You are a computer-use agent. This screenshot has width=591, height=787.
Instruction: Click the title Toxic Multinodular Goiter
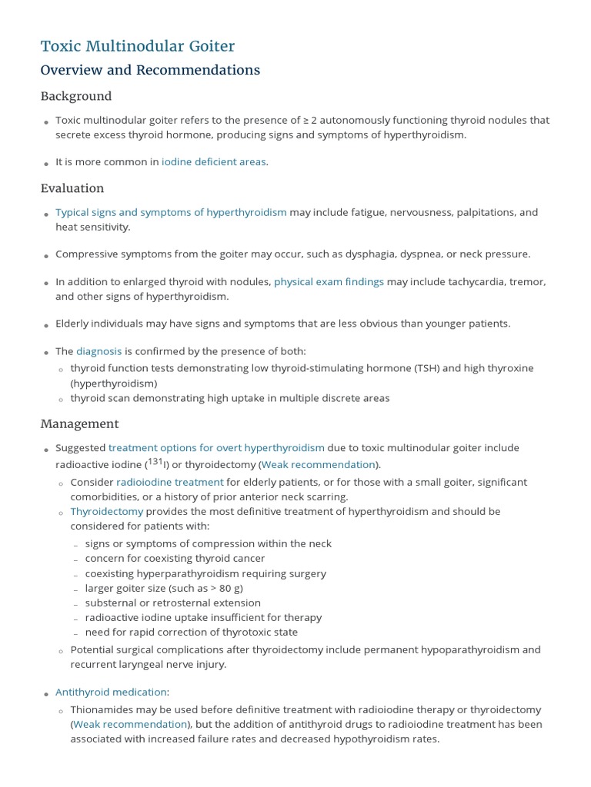(138, 46)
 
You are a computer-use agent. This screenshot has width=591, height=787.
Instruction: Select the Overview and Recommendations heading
(150, 70)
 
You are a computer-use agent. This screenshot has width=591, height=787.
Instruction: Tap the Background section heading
(76, 96)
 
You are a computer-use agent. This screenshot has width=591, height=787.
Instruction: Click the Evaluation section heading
(72, 188)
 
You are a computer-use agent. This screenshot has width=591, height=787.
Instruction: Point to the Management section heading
(79, 423)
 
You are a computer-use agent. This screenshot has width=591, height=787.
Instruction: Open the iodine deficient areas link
(214, 161)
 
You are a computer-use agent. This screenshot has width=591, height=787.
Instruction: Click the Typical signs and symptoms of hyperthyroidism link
(171, 212)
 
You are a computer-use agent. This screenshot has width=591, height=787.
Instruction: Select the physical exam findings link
(329, 281)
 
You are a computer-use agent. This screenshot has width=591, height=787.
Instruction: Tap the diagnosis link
(98, 351)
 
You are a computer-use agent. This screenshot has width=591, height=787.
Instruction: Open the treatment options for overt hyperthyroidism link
(216, 447)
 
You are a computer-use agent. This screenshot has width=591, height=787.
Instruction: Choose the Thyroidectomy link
(107, 511)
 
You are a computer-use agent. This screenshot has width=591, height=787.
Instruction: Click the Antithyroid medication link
(111, 692)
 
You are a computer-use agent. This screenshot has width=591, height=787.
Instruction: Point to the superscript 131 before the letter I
(155, 461)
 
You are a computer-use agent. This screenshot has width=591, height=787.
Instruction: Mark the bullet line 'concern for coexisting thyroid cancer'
(175, 558)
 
